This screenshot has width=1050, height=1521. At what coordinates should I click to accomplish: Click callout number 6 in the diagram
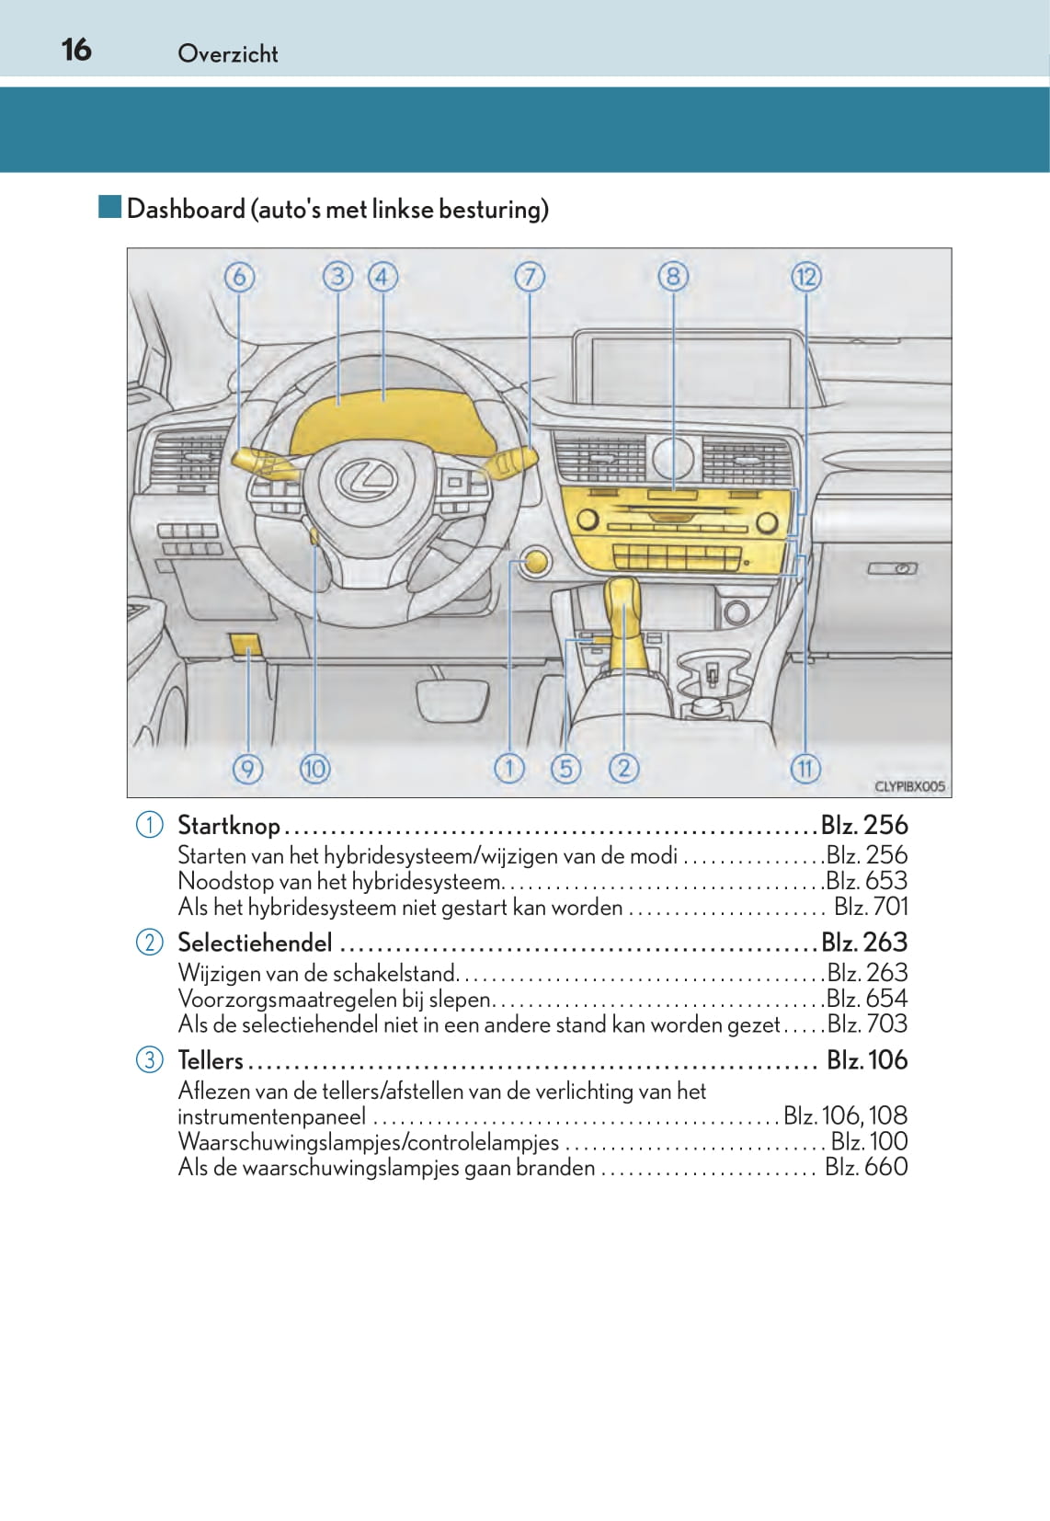pyautogui.click(x=239, y=276)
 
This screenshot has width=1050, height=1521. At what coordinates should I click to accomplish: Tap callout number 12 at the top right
pyautogui.click(x=805, y=276)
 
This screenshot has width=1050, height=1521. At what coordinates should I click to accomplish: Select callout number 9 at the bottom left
pyautogui.click(x=247, y=768)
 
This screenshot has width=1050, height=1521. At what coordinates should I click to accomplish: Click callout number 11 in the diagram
pyautogui.click(x=805, y=768)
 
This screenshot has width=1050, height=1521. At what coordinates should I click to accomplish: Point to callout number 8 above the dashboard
pyautogui.click(x=673, y=276)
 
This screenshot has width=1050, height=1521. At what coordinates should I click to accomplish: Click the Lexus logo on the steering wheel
pyautogui.click(x=365, y=478)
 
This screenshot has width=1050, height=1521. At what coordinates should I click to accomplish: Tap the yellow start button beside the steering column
pyautogui.click(x=534, y=562)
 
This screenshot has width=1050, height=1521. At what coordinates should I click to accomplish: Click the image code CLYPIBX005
pyautogui.click(x=908, y=786)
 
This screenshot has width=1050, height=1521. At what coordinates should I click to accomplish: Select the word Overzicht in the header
pyautogui.click(x=227, y=53)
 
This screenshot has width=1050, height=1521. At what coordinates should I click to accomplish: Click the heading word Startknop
pyautogui.click(x=229, y=825)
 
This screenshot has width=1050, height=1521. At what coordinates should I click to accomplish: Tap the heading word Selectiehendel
pyautogui.click(x=255, y=943)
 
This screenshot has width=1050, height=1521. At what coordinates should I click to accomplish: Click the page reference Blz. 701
pyautogui.click(x=870, y=907)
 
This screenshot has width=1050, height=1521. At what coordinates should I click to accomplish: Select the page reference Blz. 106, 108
pyautogui.click(x=845, y=1115)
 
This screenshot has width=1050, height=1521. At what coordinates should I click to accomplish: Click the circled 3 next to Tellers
pyautogui.click(x=149, y=1059)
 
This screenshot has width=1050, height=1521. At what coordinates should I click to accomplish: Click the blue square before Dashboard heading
pyautogui.click(x=110, y=207)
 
